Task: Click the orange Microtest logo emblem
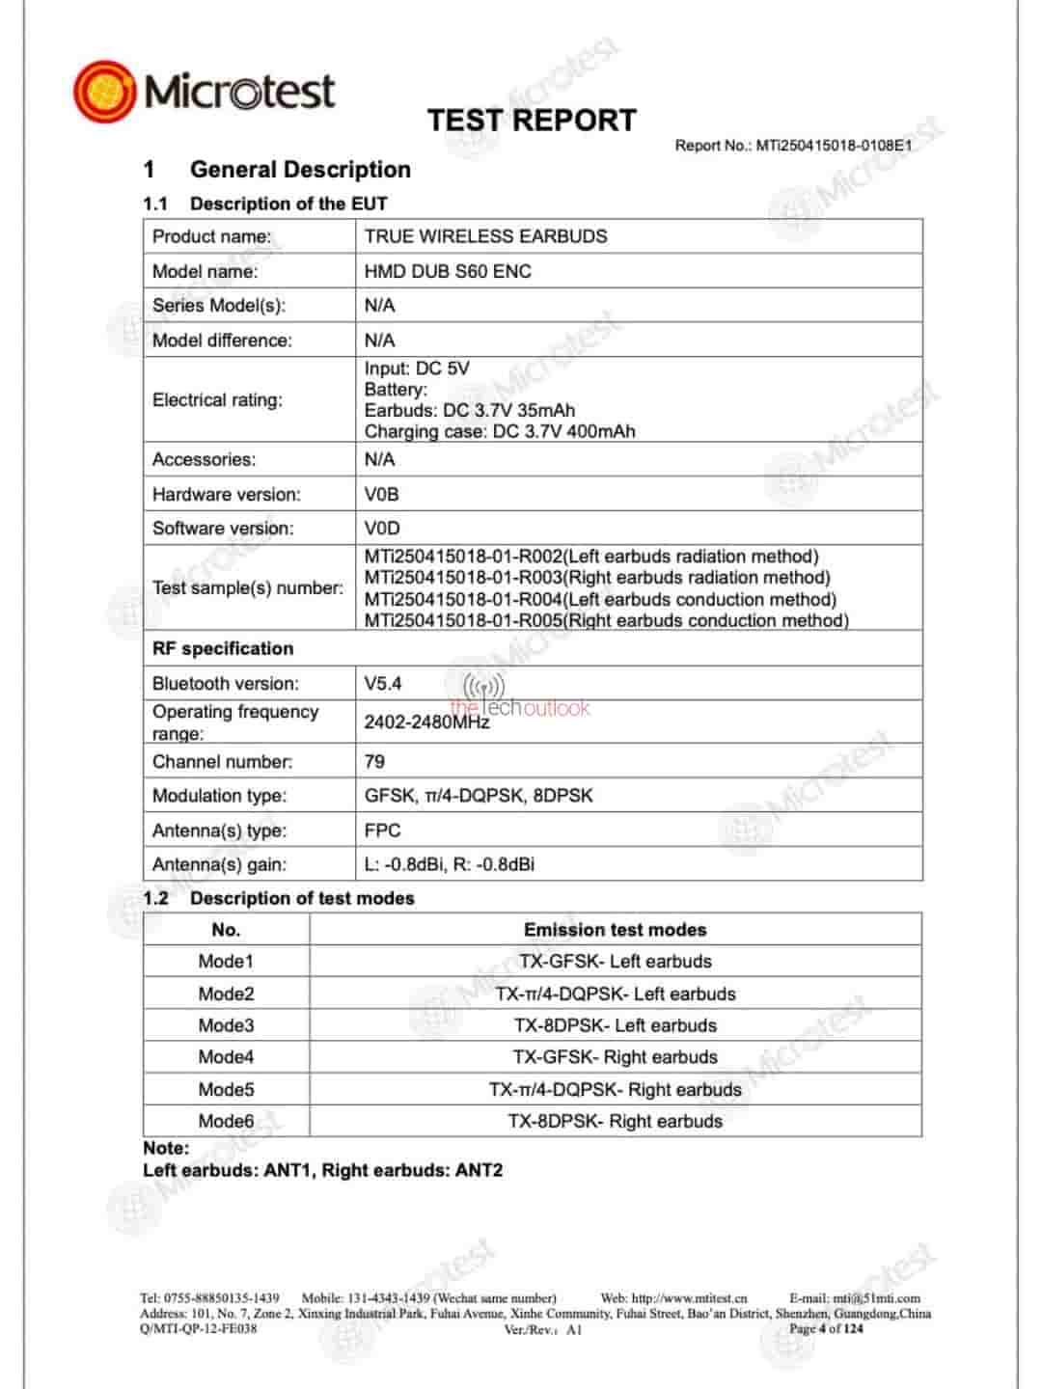pos(105,92)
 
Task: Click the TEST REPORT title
pos(532,121)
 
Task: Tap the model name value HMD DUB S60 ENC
pos(448,271)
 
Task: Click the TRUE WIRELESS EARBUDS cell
pos(485,236)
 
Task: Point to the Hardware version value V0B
pos(381,494)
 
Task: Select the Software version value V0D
pos(381,528)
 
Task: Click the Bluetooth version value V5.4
pos(382,683)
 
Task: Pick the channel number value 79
pos(374,761)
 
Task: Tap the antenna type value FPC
pos(382,830)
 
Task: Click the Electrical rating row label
pos(217,400)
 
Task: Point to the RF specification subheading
pos(223,648)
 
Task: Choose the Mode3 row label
pos(226,1025)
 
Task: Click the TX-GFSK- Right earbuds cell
pos(615,1057)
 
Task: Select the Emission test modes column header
pos(615,930)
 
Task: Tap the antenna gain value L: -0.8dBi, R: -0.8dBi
pos(449,864)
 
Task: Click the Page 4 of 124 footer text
pos(826,1328)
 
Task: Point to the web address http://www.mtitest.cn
pos(689,1298)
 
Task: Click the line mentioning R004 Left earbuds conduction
pos(600,599)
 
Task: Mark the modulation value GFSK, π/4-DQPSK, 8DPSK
pos(479,796)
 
